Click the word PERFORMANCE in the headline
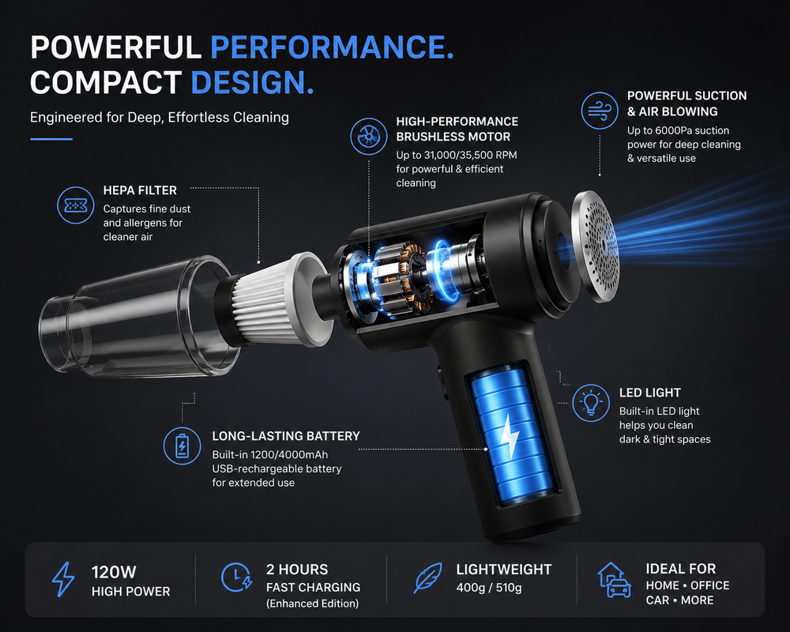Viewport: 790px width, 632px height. pyautogui.click(x=332, y=47)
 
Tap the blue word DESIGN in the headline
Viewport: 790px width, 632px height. pyautogui.click(x=252, y=82)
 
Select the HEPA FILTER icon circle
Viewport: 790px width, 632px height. pyautogui.click(x=76, y=205)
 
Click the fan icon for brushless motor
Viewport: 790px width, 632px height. pyautogui.click(x=369, y=136)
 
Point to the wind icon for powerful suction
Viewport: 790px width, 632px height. pyautogui.click(x=600, y=111)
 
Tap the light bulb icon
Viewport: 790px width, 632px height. pyautogui.click(x=591, y=403)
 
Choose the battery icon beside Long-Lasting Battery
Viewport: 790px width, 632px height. pyautogui.click(x=182, y=446)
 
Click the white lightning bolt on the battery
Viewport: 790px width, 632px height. pyautogui.click(x=510, y=436)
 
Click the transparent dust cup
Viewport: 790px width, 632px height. pyautogui.click(x=136, y=318)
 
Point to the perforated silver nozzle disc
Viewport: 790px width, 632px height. pyautogui.click(x=596, y=246)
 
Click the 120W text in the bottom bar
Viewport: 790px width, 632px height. pyautogui.click(x=114, y=572)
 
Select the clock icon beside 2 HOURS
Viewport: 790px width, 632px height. pyautogui.click(x=236, y=577)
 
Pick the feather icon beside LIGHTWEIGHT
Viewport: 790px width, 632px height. pyautogui.click(x=427, y=577)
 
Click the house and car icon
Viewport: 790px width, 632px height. pyautogui.click(x=614, y=580)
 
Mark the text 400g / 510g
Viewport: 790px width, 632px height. pyautogui.click(x=489, y=588)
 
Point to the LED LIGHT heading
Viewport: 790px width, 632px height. pyautogui.click(x=650, y=393)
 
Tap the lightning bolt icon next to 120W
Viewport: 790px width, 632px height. pyautogui.click(x=63, y=580)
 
